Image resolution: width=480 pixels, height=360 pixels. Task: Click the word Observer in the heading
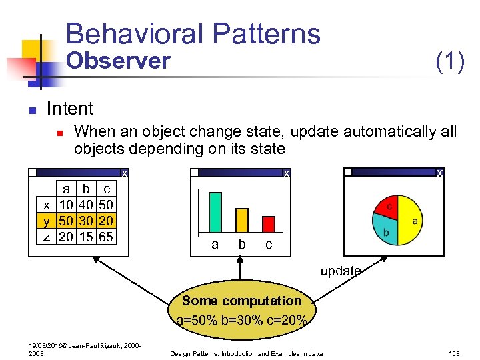point(119,61)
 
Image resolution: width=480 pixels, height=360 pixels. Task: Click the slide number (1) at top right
point(449,62)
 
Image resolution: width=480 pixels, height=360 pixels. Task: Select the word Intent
point(70,108)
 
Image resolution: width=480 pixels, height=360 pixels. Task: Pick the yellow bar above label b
point(242,219)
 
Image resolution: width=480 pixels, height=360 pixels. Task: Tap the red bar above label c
point(269,224)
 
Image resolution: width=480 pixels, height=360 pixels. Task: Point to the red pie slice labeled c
point(388,207)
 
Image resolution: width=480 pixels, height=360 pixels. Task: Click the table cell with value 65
point(105,237)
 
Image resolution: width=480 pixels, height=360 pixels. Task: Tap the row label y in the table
point(46,221)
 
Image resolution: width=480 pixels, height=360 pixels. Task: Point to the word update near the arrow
point(341,271)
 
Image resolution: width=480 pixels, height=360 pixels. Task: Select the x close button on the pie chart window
point(439,173)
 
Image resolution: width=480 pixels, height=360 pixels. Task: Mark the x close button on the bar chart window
point(286,173)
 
